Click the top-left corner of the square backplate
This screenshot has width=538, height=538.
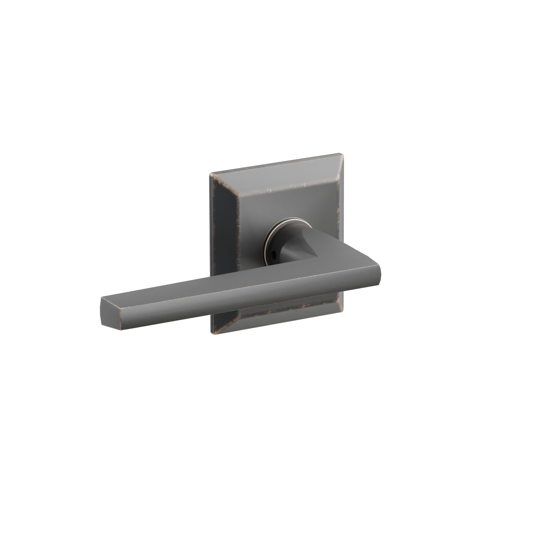(211, 174)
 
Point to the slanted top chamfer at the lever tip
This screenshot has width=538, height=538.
(111, 302)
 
